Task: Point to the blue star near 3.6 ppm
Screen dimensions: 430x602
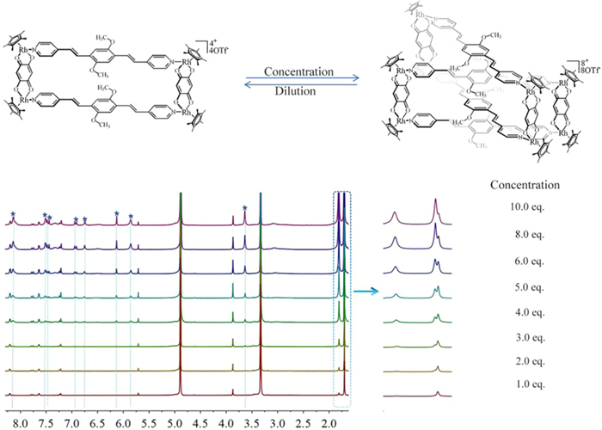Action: pos(245,207)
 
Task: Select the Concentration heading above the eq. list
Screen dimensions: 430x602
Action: pos(525,184)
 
